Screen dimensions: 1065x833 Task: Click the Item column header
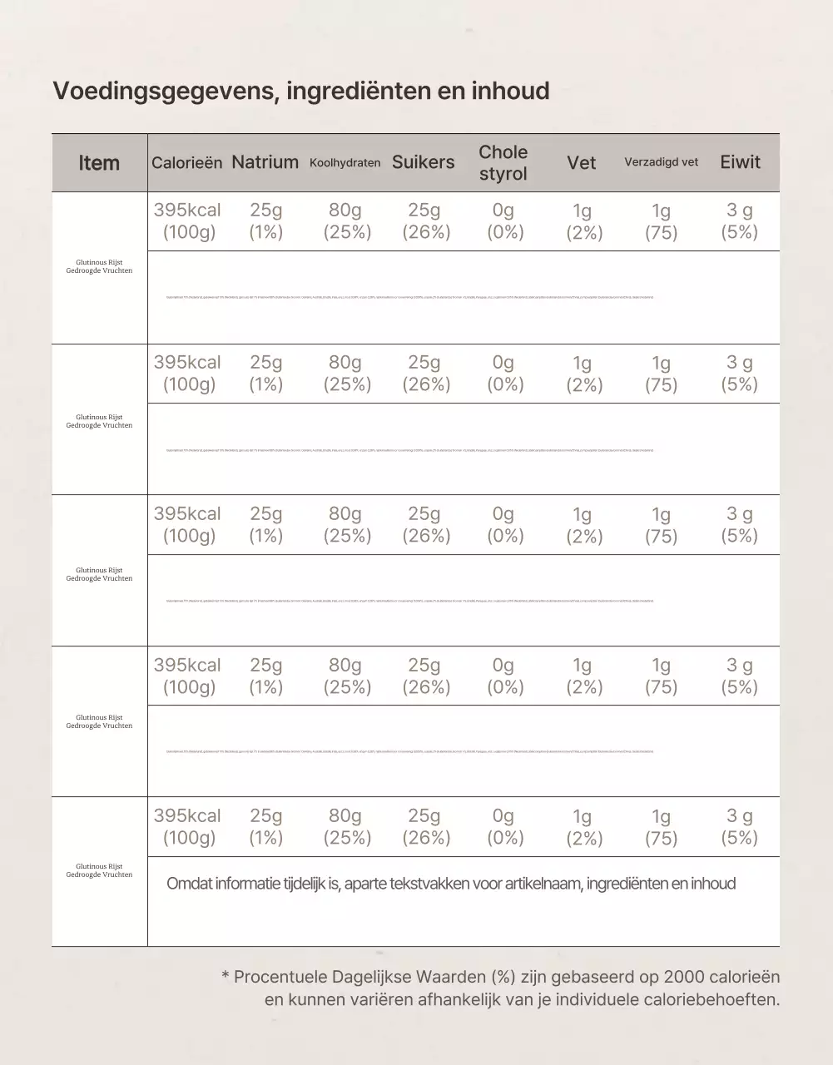pos(99,163)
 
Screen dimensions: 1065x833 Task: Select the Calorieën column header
pos(186,163)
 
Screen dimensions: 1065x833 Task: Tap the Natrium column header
pos(265,162)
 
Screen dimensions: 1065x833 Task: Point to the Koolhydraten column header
pos(345,163)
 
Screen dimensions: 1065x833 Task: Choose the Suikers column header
pos(424,162)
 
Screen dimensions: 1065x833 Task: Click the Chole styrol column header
pos(503,163)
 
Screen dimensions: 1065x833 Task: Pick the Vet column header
pos(581,163)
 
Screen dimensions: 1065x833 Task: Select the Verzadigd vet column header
pos(661,162)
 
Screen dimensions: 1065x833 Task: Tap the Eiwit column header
pos(740,162)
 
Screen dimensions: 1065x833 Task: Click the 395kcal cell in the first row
pos(187,211)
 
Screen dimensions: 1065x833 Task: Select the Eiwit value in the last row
pos(740,826)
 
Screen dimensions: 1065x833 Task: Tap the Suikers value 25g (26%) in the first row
pos(425,221)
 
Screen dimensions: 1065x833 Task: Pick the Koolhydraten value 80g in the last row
pos(345,816)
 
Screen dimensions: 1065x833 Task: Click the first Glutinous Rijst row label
pos(99,266)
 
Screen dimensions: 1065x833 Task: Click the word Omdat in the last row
pos(189,884)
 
